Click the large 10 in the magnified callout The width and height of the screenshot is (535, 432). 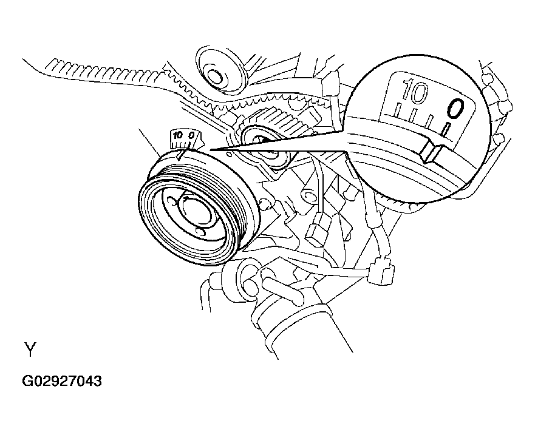pos(415,93)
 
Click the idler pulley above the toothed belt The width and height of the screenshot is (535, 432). pos(215,74)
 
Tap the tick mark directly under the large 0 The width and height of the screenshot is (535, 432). pos(448,129)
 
